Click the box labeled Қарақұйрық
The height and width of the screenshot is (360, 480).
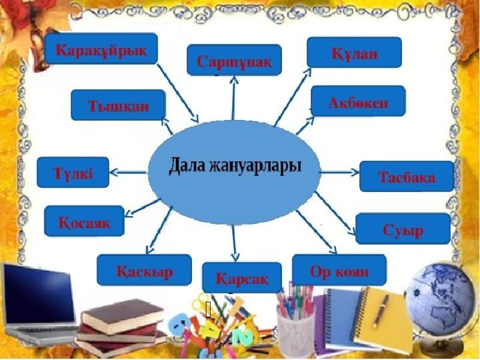(x=101, y=49)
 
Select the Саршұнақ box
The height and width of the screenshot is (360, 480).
(x=234, y=60)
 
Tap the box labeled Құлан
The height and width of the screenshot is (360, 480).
(x=354, y=53)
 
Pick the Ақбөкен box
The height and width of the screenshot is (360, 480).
(x=358, y=101)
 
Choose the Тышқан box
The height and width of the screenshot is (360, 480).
(x=118, y=105)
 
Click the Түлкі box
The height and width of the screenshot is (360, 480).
(x=73, y=173)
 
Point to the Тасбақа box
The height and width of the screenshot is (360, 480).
(x=407, y=176)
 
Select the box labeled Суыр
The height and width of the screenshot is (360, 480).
(x=403, y=229)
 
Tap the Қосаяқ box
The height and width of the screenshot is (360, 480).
(x=84, y=221)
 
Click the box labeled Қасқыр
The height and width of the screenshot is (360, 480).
(x=144, y=270)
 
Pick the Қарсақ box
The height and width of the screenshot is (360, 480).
(x=242, y=277)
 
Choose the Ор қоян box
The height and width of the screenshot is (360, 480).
(x=339, y=270)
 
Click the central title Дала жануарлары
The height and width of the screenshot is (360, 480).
(x=235, y=165)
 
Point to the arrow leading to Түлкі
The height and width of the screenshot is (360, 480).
(x=128, y=173)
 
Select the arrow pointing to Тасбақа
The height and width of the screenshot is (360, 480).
(x=339, y=173)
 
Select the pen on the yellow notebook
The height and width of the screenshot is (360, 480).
(x=381, y=311)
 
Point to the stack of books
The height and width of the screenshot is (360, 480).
(x=121, y=327)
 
